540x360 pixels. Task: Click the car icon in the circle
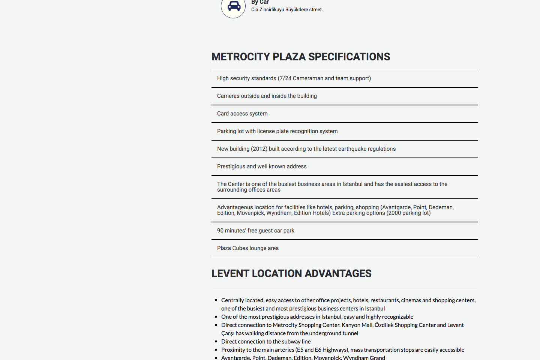(234, 6)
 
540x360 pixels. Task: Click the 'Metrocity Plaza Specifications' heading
(301, 57)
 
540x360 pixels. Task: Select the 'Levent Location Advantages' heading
(291, 273)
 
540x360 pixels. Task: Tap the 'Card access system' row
(242, 114)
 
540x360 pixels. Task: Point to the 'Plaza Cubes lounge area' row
(248, 248)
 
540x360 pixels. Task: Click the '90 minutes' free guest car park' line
(256, 231)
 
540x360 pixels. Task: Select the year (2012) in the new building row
(259, 149)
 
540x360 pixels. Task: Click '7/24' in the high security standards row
(285, 78)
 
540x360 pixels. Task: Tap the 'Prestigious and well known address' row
(262, 166)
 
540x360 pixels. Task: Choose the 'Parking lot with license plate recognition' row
(277, 131)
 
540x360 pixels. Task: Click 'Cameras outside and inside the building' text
(267, 96)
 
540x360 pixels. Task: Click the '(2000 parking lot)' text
(408, 213)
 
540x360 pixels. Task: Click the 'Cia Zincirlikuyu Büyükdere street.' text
(287, 10)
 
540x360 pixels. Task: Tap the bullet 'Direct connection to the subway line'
(266, 342)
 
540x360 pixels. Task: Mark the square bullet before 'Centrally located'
(216, 300)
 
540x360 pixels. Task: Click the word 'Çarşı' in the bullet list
(228, 333)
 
